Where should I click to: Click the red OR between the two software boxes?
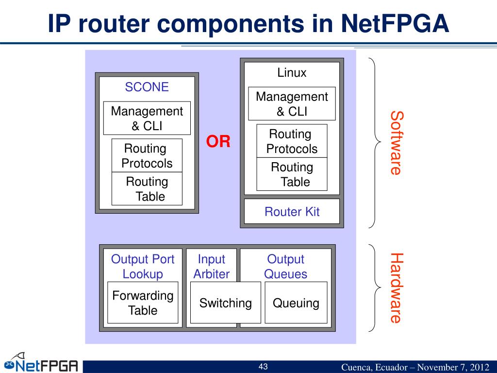point(218,141)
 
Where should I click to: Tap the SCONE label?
point(147,87)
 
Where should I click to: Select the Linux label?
point(292,73)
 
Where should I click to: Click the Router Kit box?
point(292,212)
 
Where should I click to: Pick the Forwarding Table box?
point(143,303)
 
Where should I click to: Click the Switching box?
point(226,303)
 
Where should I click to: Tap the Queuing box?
point(296,303)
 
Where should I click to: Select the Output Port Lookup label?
point(143,267)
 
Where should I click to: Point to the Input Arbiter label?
point(212,267)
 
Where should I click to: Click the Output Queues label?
point(285,267)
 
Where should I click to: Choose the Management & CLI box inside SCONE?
point(147,118)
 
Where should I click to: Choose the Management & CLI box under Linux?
point(292,104)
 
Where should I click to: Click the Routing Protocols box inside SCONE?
point(147,155)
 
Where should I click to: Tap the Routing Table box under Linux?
point(292,174)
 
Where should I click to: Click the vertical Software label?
point(396,143)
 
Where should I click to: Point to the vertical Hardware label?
point(396,288)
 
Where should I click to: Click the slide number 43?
point(263,367)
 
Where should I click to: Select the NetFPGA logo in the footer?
point(41,363)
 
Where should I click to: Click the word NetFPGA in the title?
point(395,24)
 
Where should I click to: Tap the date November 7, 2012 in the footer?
point(453,367)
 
